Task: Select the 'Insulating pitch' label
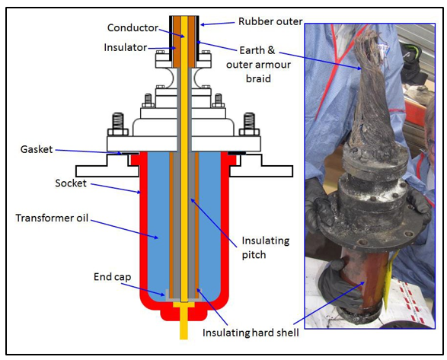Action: coord(263,247)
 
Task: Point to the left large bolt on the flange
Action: coord(118,123)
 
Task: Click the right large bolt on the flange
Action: coord(248,123)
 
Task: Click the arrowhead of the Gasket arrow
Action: coord(124,153)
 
